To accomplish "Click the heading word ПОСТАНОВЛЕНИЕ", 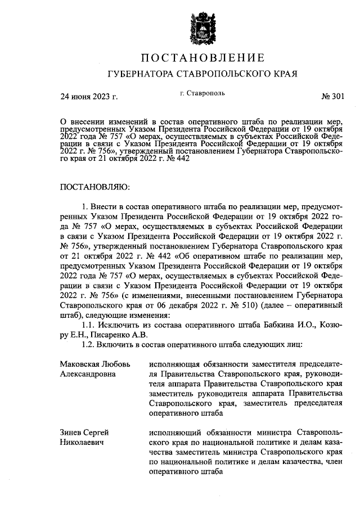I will [202, 57].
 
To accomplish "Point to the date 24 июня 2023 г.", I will [89, 97].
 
